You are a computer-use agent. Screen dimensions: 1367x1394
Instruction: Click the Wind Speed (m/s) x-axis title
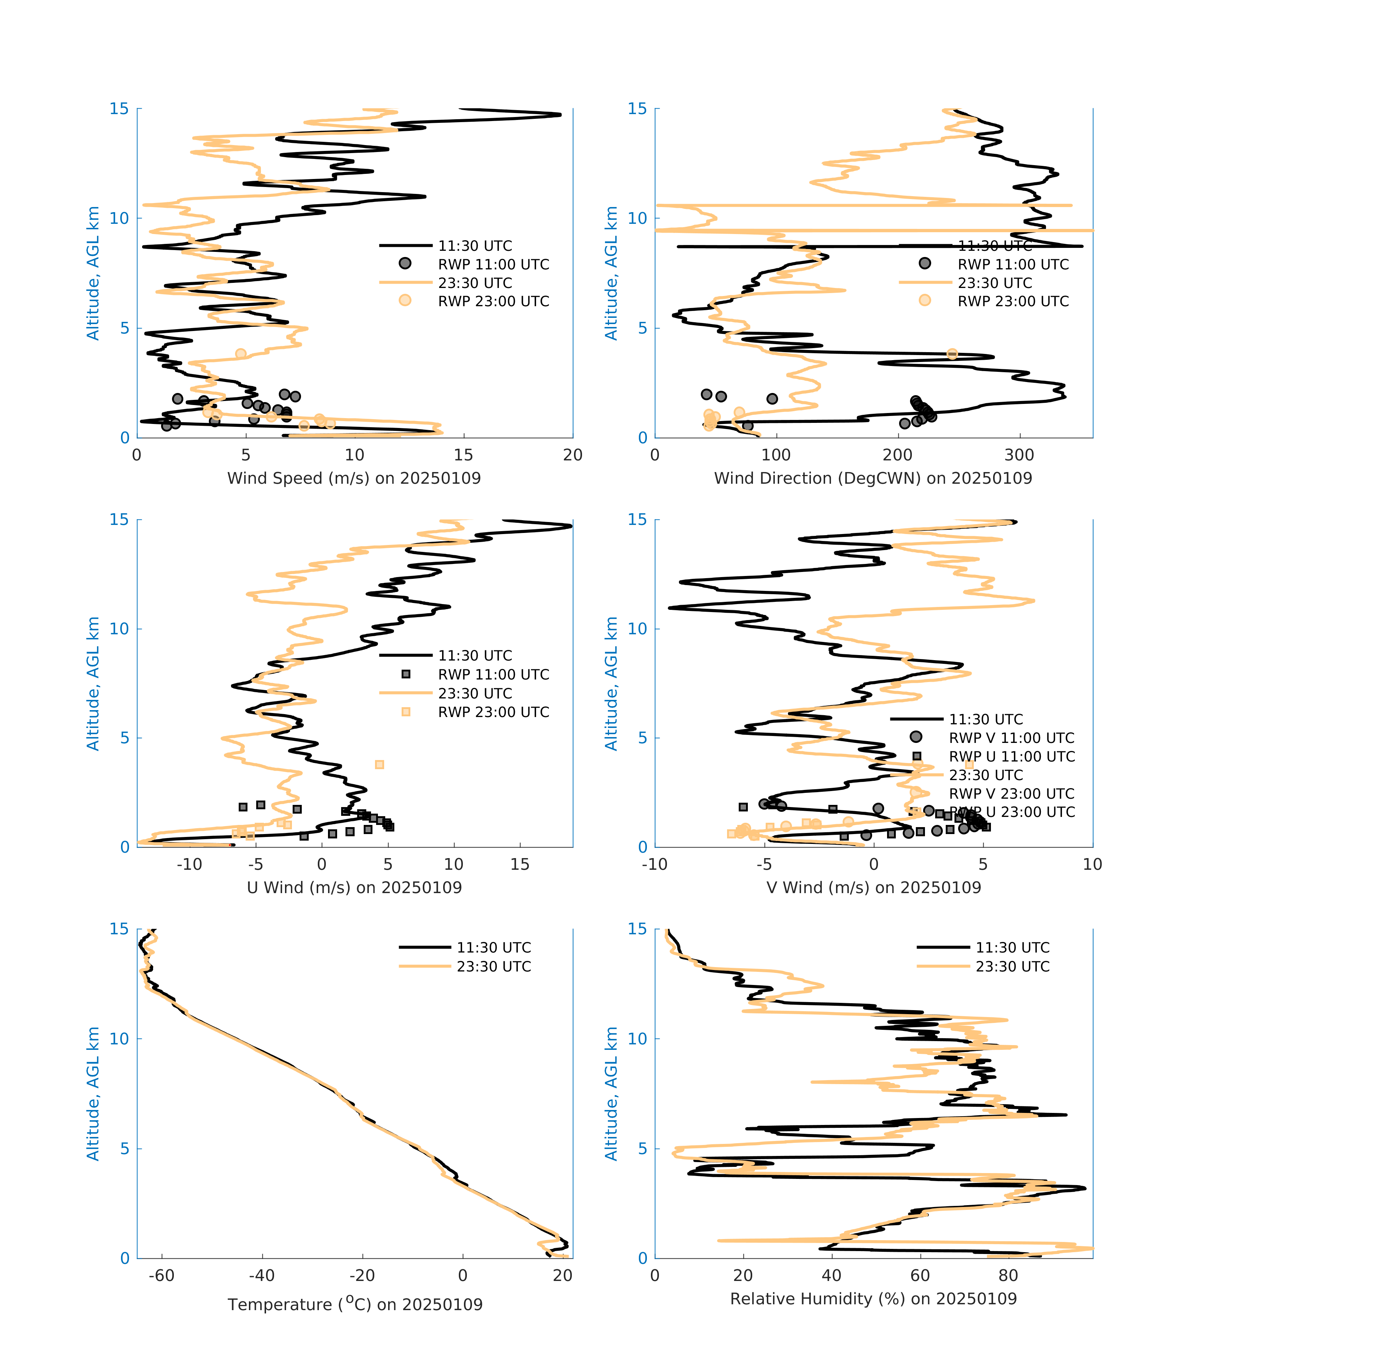[x=354, y=478]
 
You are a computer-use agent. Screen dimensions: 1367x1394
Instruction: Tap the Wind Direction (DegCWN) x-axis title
[x=873, y=478]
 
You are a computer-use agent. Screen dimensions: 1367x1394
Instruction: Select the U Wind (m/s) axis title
[x=354, y=887]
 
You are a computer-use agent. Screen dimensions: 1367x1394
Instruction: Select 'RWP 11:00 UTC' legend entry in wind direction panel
[x=1013, y=264]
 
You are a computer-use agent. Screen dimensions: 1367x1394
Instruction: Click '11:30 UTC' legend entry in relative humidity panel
[x=1012, y=948]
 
